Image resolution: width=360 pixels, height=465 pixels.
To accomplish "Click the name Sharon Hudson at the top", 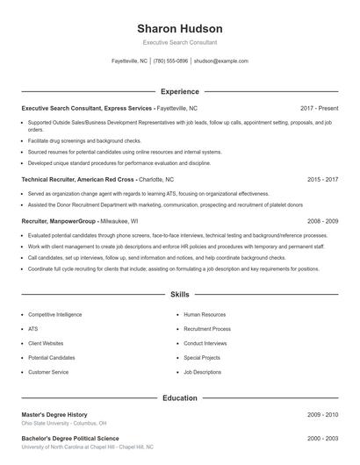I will coord(179,28).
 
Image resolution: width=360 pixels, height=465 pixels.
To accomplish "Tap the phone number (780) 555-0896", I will coord(170,61).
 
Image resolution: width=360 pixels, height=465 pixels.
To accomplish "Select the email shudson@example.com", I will coord(221,61).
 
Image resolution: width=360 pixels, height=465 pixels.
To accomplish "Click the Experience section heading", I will coord(180,91).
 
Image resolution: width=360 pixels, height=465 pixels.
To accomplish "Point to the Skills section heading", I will coord(180,295).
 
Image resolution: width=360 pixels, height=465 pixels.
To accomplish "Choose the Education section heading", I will coord(180,398).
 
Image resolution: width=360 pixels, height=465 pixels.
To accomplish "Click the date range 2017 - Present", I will coord(319,108).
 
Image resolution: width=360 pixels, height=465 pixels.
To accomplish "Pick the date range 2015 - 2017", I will coord(322,179).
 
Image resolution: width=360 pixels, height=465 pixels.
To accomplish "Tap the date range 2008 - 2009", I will coord(322,221).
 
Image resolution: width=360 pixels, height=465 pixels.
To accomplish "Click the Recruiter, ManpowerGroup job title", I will coord(59,221).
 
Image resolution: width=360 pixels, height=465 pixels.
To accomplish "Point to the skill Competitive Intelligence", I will coord(54,314).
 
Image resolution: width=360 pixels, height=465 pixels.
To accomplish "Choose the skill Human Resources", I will coord(205,314).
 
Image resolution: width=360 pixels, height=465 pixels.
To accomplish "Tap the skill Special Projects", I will coord(202,358).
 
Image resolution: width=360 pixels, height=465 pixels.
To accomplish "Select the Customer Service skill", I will coord(48,372).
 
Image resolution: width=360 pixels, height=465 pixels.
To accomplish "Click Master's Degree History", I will coord(54,414).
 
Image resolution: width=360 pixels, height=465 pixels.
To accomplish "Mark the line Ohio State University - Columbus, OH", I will coord(64,423).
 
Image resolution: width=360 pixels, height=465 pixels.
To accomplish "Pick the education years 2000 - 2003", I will coord(322,438).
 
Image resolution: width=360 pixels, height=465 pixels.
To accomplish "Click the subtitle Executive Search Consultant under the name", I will coord(179,42).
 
